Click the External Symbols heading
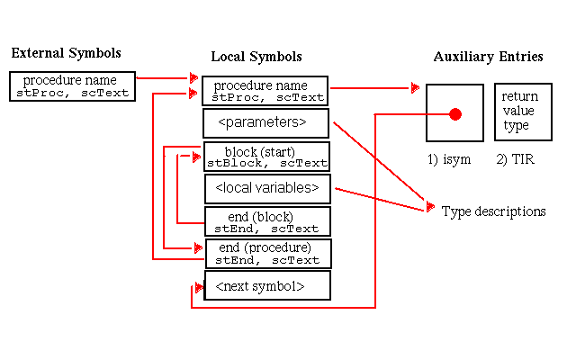coord(66,53)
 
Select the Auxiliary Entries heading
coord(488,57)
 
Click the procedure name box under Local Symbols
coord(265,90)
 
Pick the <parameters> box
coord(267,122)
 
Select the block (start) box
coord(266,157)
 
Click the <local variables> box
coord(267,188)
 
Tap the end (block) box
coord(267,221)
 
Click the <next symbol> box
coord(267,285)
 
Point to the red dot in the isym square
coord(455,114)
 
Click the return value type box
coord(520,112)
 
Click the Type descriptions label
coord(493,211)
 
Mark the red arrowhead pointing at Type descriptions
coord(429,211)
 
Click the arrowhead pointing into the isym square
coord(416,87)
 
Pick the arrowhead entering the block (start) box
coord(197,157)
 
